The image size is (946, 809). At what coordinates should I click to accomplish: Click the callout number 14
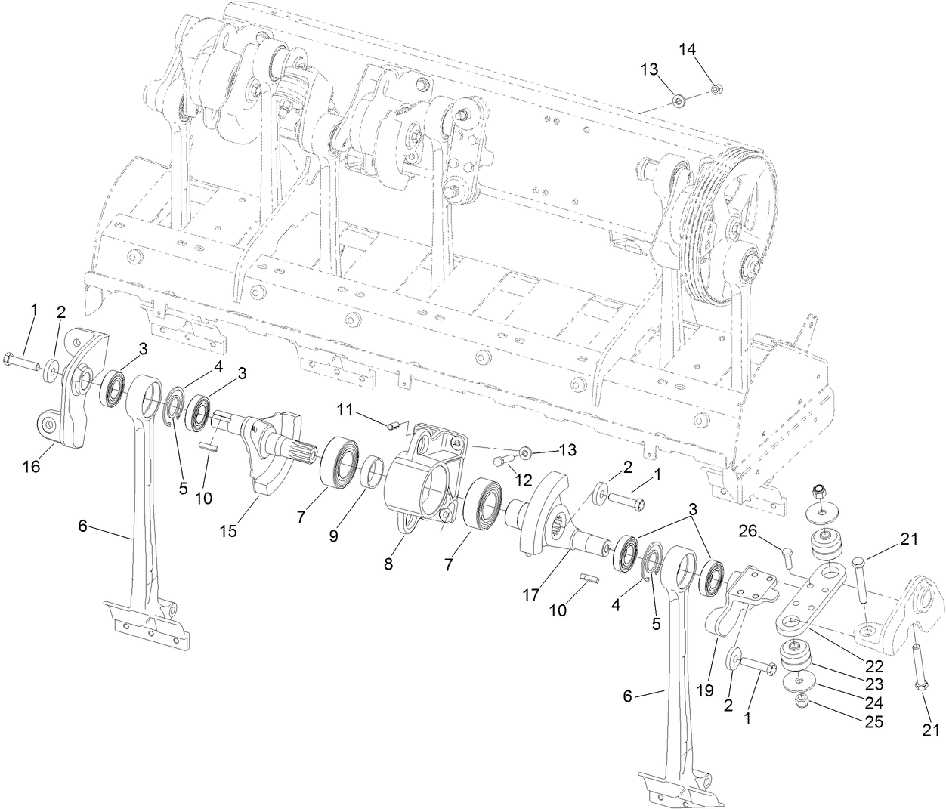pos(687,49)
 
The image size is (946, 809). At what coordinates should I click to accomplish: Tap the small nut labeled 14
pos(718,90)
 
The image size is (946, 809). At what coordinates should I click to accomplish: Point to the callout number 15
pos(227,531)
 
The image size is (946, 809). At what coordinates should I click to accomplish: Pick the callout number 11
pos(345,410)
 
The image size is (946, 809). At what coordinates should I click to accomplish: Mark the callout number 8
pos(388,564)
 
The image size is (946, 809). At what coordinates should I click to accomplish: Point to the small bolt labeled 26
pos(787,560)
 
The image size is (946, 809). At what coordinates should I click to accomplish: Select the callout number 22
pos(874,665)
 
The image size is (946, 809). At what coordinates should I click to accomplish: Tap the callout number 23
pos(874,684)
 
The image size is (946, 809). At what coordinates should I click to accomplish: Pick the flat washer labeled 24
pos(797,682)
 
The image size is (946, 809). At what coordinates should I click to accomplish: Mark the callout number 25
pos(874,721)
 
